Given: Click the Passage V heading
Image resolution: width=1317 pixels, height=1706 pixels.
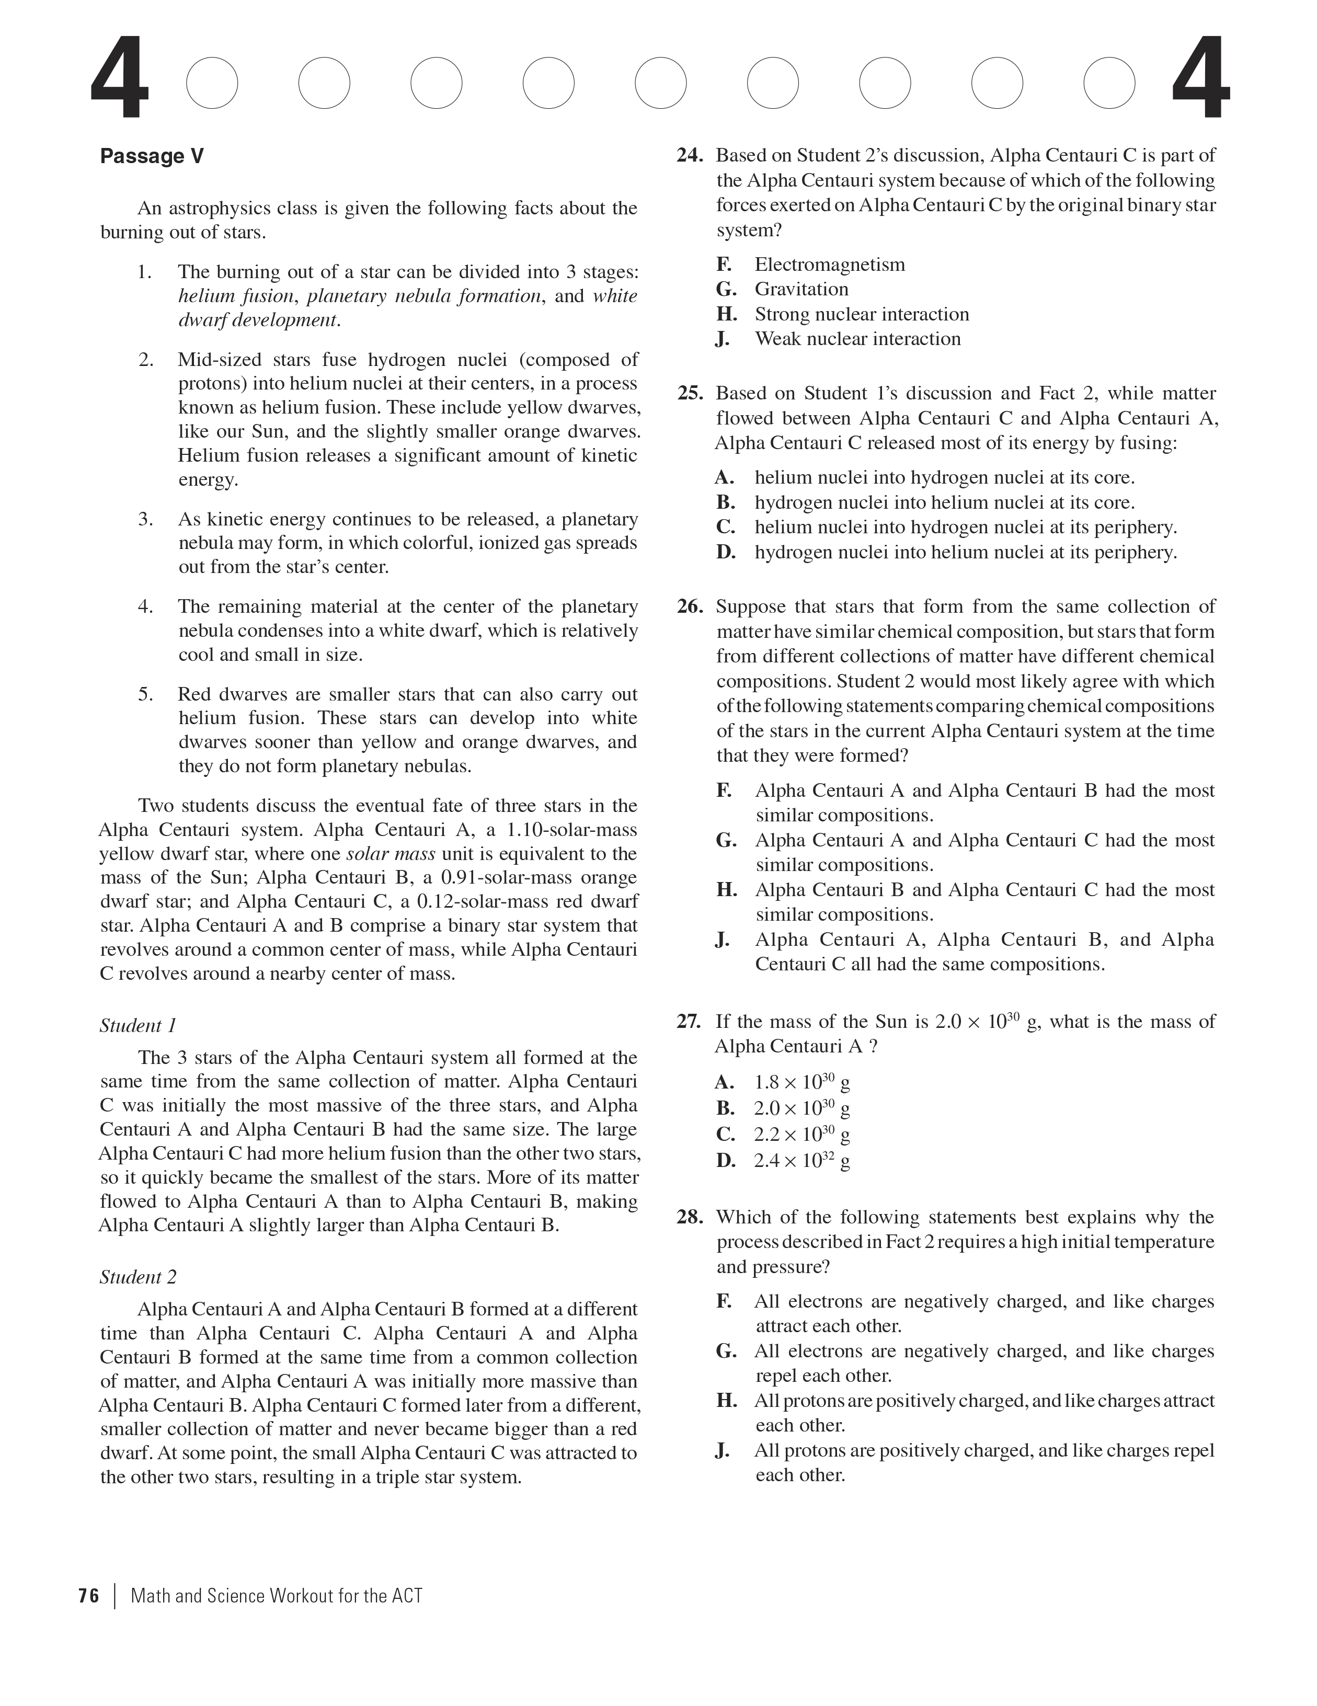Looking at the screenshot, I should pyautogui.click(x=152, y=156).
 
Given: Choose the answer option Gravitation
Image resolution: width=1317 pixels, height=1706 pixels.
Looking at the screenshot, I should pyautogui.click(x=800, y=290).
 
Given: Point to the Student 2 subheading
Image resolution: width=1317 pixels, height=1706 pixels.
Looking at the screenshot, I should pyautogui.click(x=138, y=1277).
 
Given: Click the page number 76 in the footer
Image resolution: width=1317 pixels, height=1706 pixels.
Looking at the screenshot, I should pyautogui.click(x=89, y=1596).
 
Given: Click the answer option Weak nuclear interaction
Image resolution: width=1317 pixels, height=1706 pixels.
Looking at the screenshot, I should pyautogui.click(x=857, y=339).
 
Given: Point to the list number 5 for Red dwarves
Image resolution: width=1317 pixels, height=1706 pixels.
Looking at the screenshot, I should pyautogui.click(x=146, y=694).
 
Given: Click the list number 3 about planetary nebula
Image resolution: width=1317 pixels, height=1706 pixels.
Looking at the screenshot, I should pyautogui.click(x=146, y=520).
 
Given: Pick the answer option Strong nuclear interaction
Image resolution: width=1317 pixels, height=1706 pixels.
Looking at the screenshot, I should pyautogui.click(x=861, y=315).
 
